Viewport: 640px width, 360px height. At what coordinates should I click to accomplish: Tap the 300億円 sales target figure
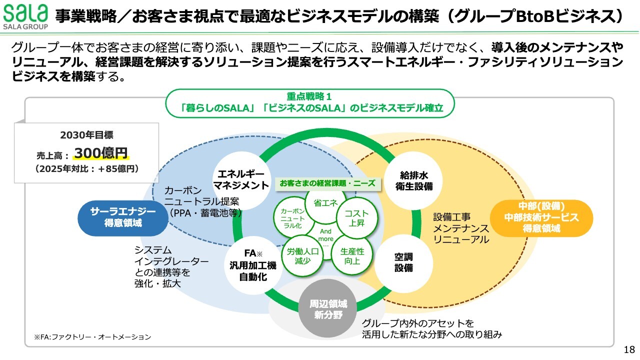pos(101,153)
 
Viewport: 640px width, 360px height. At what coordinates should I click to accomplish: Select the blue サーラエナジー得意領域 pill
pos(123,217)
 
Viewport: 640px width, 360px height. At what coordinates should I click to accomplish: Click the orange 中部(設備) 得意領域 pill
pos(541,217)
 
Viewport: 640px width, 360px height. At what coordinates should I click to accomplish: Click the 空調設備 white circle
pos(404,262)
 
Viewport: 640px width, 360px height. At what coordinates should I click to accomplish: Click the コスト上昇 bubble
pos(356,218)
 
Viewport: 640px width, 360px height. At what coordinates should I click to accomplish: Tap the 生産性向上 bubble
pos(352,256)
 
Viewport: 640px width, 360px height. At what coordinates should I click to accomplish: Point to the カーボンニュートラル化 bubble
pos(292,218)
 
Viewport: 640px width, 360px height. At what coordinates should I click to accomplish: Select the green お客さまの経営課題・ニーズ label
pos(327,183)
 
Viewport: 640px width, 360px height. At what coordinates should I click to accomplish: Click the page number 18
pos(629,349)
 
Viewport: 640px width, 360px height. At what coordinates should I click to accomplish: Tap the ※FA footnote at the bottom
pos(92,337)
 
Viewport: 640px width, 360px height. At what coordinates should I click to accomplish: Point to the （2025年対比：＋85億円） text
pos(86,169)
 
